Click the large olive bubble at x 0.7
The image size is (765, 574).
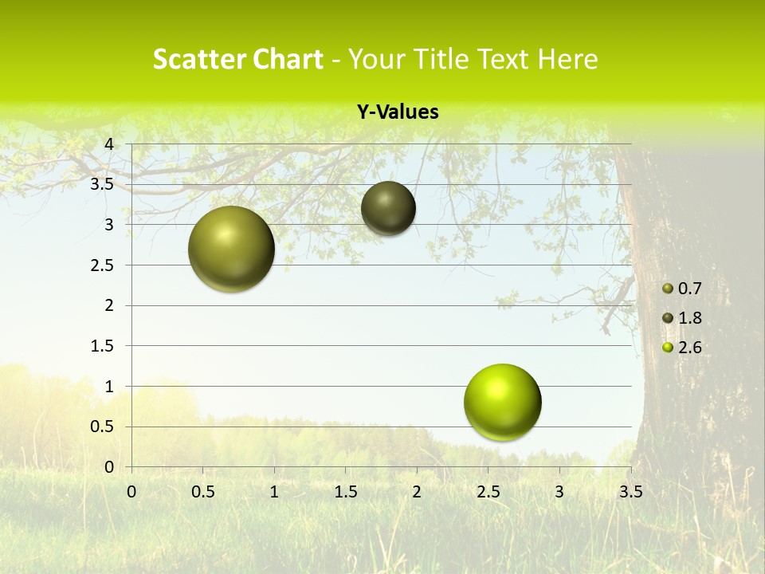coord(231,249)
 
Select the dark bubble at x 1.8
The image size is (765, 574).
coord(388,208)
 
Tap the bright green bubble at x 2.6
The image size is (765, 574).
coord(502,402)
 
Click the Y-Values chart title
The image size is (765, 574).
coord(398,112)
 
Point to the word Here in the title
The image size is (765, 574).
coord(567,59)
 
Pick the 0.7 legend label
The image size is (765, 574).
coord(689,289)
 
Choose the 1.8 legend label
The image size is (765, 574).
coord(689,318)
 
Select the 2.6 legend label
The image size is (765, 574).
coord(689,348)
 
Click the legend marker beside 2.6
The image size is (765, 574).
coord(668,348)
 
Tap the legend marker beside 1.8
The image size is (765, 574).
coord(668,318)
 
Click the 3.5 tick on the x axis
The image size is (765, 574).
coord(630,492)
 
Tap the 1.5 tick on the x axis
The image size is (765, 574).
coord(345,492)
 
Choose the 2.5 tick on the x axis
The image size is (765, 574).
coord(488,492)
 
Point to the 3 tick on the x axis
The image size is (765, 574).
coord(559,492)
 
